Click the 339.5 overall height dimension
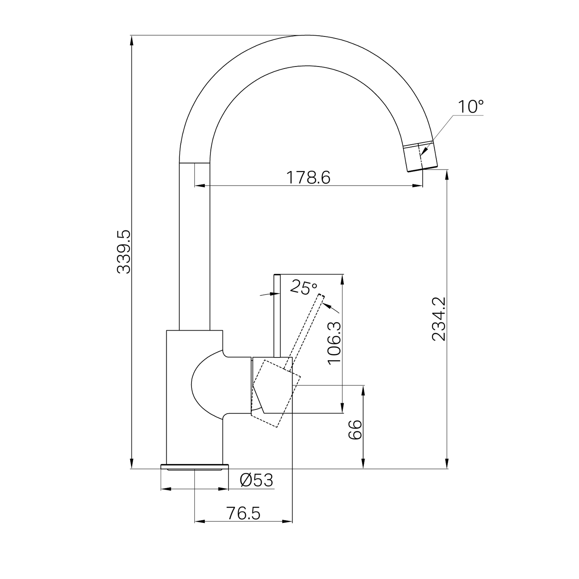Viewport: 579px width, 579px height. point(124,251)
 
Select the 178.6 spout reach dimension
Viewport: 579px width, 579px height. point(308,177)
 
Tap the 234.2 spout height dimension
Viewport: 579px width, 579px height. point(439,319)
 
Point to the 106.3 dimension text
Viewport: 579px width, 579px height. point(334,343)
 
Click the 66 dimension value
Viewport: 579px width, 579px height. point(355,430)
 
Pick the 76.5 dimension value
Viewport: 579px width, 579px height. point(243,513)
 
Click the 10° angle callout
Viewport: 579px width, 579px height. point(470,107)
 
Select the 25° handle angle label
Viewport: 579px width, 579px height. point(303,287)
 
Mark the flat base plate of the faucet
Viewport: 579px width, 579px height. point(194,466)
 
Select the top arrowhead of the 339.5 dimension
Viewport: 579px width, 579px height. point(131,39)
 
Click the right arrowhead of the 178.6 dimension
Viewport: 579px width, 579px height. point(419,186)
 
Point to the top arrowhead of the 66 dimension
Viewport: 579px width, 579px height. point(363,389)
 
